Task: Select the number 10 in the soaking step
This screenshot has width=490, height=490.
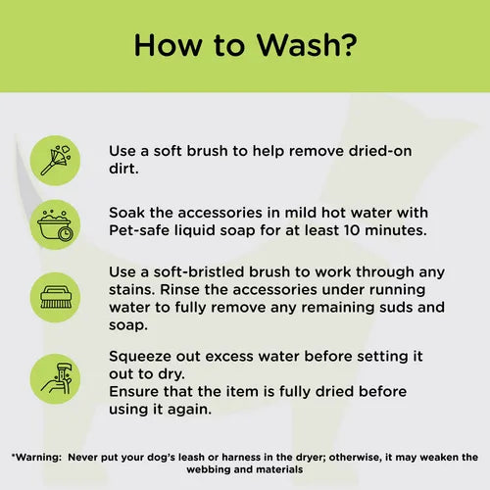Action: click(364, 230)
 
